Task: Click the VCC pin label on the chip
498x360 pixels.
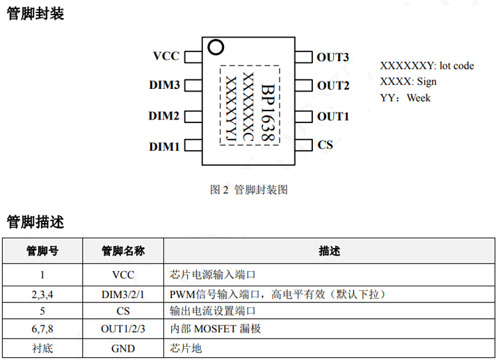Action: [166, 56]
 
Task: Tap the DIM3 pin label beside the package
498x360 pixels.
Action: [165, 85]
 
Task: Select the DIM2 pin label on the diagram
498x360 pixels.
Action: [165, 115]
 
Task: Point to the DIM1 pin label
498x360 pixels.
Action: [165, 146]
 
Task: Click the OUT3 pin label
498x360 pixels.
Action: [332, 56]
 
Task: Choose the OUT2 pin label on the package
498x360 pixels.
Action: [332, 85]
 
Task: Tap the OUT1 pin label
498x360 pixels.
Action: [332, 115]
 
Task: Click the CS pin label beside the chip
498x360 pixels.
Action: [325, 145]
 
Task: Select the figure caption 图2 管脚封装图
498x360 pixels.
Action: [248, 189]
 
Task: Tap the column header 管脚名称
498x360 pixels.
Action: [123, 251]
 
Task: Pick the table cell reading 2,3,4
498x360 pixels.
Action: [42, 293]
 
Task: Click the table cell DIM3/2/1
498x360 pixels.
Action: [123, 293]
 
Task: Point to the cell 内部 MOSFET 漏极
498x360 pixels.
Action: [216, 329]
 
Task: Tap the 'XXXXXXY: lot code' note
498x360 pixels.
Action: [426, 65]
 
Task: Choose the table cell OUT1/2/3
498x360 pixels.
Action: [123, 329]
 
